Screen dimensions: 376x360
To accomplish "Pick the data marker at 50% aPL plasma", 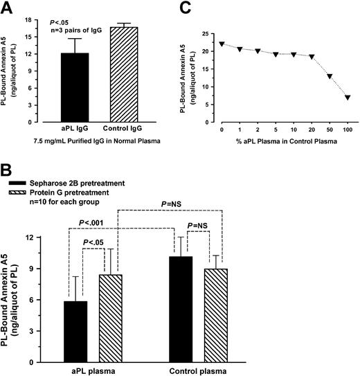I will pyautogui.click(x=330, y=76).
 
